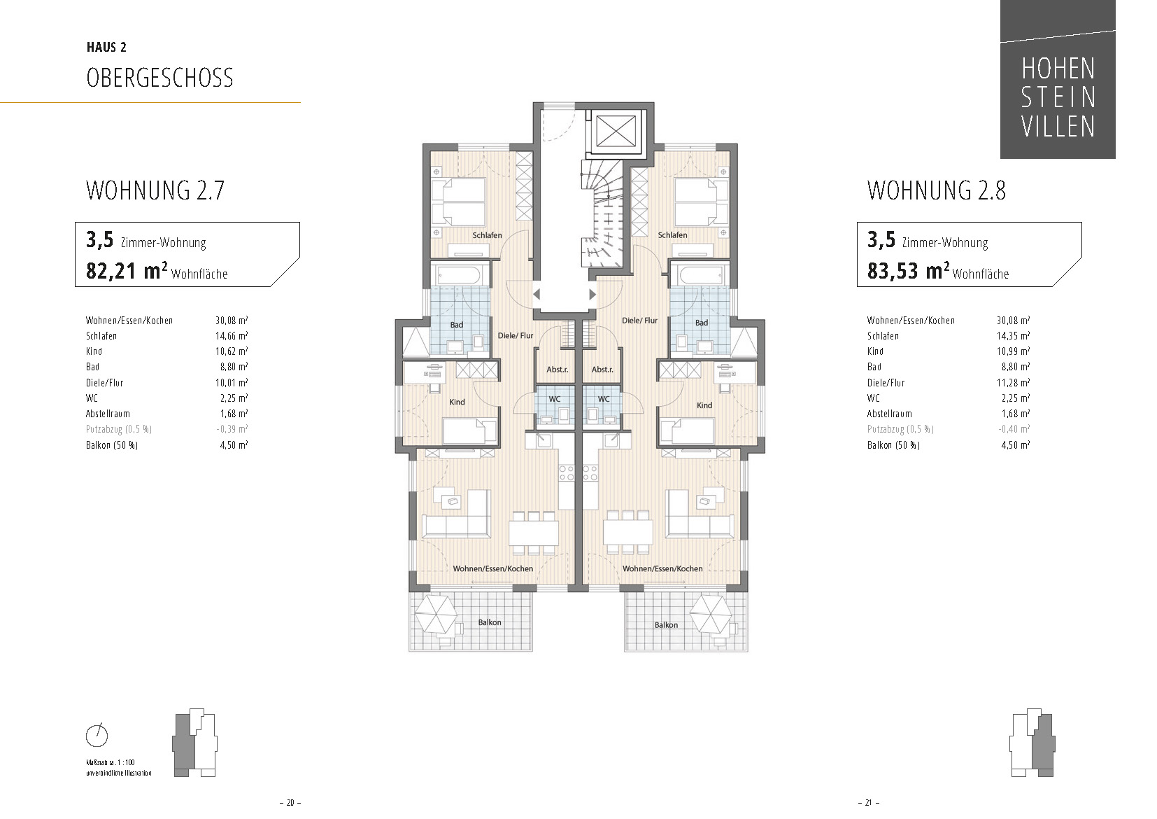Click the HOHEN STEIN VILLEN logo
pos(1057,79)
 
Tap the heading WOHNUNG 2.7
pos(155,190)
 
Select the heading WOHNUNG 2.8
pos(936,190)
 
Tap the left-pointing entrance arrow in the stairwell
pos(537,294)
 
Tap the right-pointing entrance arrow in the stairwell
pos(592,294)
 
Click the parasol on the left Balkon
pos(436,615)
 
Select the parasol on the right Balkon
pos(711,615)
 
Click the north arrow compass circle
pos(97,735)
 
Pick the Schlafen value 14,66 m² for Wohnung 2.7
pos(232,336)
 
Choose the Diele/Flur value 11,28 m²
pos(1013,383)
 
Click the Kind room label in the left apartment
pos(457,402)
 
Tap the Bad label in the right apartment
pos(701,323)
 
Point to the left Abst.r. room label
pos(558,370)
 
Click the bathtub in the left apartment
pos(460,274)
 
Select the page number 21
pos(868,802)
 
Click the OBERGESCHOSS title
pos(159,78)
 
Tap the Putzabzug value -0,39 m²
pos(232,429)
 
